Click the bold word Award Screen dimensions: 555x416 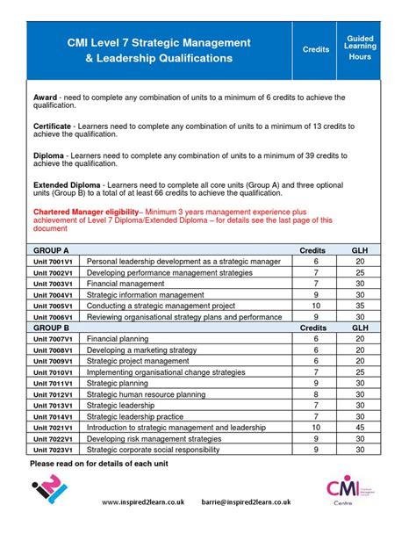click(x=46, y=97)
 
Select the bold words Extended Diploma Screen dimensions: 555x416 click(x=67, y=186)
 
